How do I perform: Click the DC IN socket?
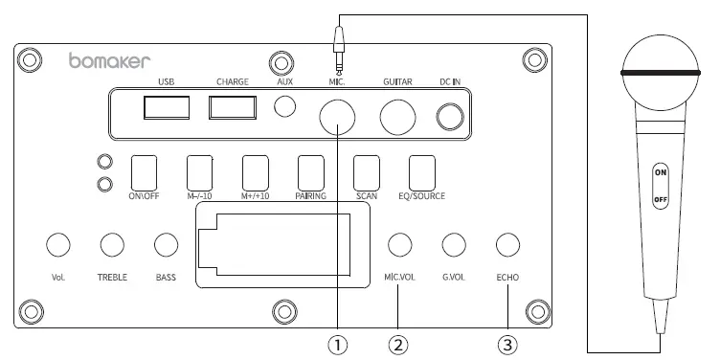click(450, 116)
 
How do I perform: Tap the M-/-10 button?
click(199, 171)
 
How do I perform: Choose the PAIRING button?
click(311, 171)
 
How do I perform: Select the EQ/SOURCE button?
click(422, 171)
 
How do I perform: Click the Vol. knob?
click(57, 245)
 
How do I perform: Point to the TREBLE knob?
click(113, 245)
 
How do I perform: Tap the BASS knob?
click(168, 245)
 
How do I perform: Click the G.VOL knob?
click(453, 245)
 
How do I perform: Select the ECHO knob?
click(507, 245)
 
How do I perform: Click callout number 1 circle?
click(337, 342)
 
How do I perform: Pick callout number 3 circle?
click(507, 342)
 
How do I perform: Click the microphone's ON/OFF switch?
click(660, 186)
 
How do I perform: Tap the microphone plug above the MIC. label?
click(338, 43)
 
